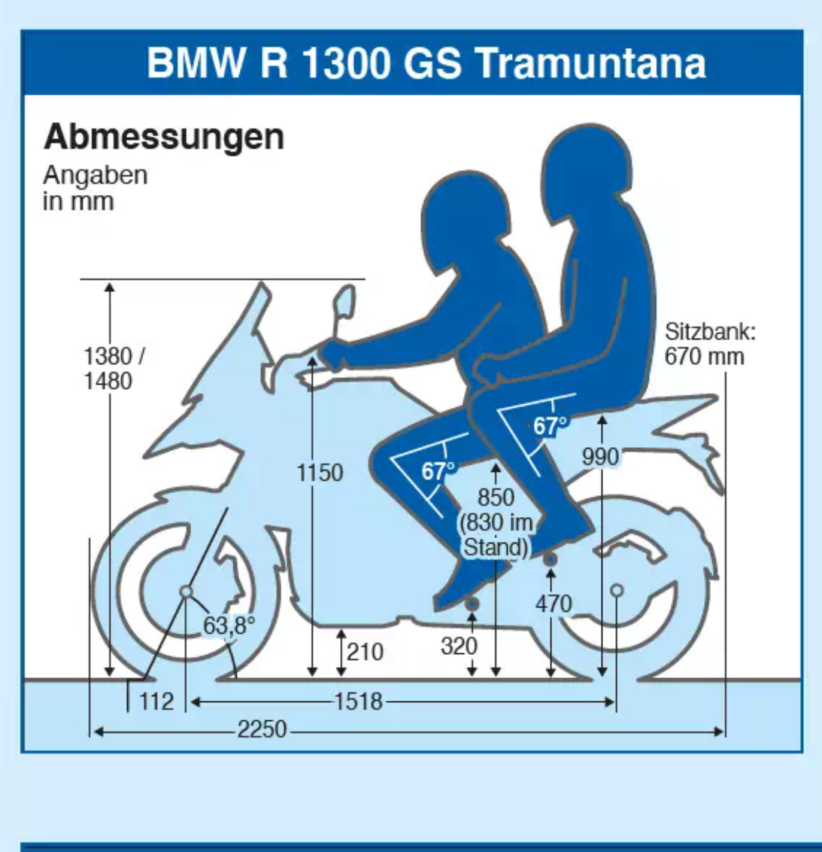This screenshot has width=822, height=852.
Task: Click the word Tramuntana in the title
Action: [591, 63]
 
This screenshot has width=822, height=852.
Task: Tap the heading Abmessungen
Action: [164, 137]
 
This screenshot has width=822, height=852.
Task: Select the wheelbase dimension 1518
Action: [358, 701]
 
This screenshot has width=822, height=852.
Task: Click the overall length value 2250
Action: [262, 729]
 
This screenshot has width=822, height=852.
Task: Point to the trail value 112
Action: [156, 701]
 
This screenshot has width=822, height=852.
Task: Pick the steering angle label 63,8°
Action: [229, 625]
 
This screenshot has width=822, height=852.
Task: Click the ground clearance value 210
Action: [366, 652]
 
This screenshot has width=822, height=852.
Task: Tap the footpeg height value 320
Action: [459, 646]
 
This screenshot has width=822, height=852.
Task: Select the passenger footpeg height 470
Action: [554, 604]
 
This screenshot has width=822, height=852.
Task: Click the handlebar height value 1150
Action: [320, 473]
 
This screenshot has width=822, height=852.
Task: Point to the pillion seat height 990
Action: [601, 457]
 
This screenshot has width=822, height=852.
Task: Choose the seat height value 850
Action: [496, 498]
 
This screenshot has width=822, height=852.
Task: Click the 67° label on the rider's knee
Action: [438, 472]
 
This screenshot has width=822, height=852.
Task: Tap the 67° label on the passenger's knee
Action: [551, 427]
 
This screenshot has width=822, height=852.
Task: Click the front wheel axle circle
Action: [186, 592]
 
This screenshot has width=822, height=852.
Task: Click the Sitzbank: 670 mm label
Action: [709, 344]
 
